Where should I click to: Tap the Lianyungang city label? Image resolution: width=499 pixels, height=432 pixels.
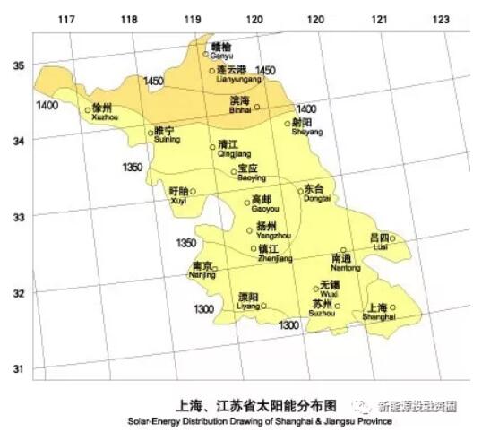(x=235, y=73)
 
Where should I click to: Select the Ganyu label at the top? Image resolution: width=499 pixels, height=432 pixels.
(x=220, y=50)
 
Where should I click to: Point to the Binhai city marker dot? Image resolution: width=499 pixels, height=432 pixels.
(x=257, y=108)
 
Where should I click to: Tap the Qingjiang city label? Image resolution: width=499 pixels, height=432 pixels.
(x=228, y=149)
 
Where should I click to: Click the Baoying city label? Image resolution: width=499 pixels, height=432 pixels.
(x=251, y=173)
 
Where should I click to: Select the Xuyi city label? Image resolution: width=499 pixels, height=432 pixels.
(x=179, y=196)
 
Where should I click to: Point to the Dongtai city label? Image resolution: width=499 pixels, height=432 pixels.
(x=316, y=194)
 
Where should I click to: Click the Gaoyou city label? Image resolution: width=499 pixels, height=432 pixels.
(x=263, y=203)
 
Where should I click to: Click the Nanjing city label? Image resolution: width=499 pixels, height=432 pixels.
(x=202, y=271)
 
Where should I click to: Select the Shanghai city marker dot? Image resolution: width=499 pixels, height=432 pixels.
(x=392, y=307)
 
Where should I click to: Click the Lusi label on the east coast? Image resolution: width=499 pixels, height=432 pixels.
(x=380, y=241)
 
